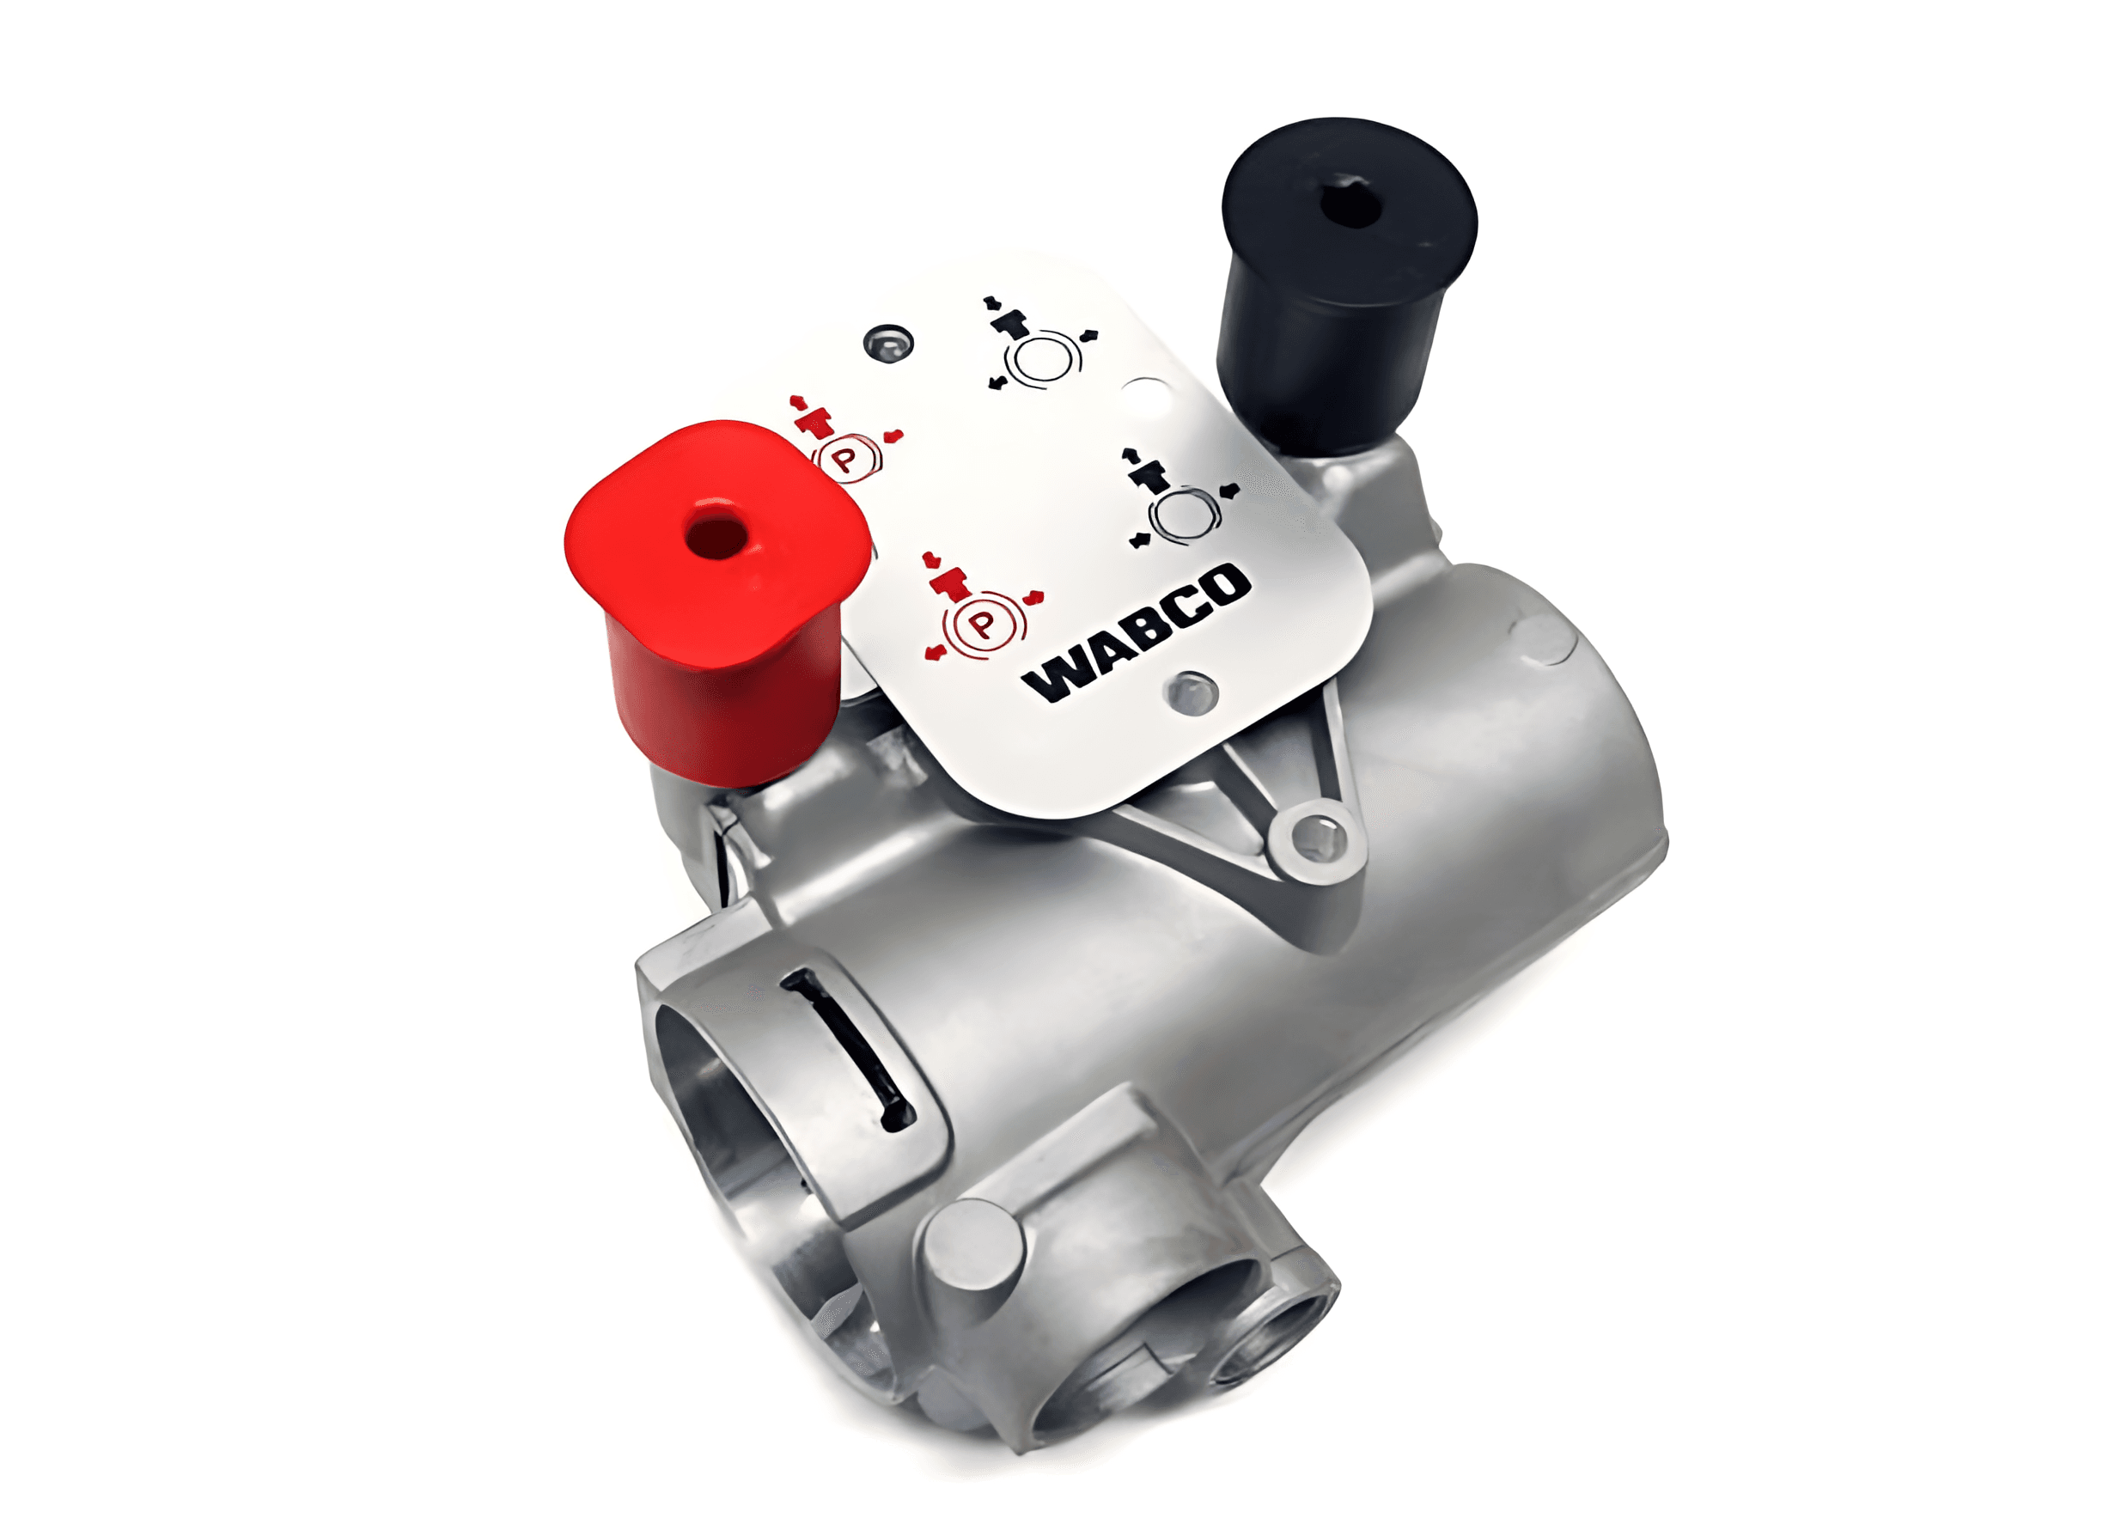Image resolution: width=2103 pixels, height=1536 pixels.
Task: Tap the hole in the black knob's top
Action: pos(1349,204)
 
